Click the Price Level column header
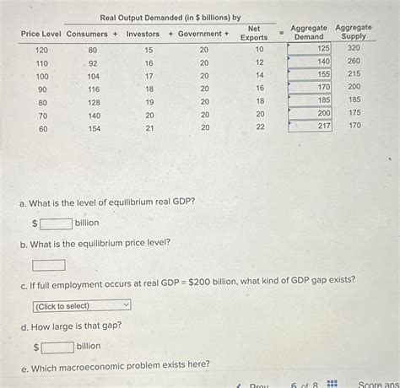tap(41, 34)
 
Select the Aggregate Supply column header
tap(354, 32)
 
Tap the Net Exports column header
tap(253, 33)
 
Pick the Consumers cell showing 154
tap(94, 128)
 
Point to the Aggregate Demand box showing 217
tap(311, 126)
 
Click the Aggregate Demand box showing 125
tap(311, 49)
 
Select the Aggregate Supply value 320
tap(354, 49)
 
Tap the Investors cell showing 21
tap(149, 128)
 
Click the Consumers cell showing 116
tap(94, 89)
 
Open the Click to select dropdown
tap(82, 305)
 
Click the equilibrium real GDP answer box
tap(56, 223)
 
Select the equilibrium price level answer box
tap(49, 265)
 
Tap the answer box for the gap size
tap(57, 346)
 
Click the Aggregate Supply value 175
tap(354, 112)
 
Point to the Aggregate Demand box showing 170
tap(311, 87)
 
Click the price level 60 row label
tap(43, 129)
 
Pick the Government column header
tap(200, 34)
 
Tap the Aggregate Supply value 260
tap(354, 62)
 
